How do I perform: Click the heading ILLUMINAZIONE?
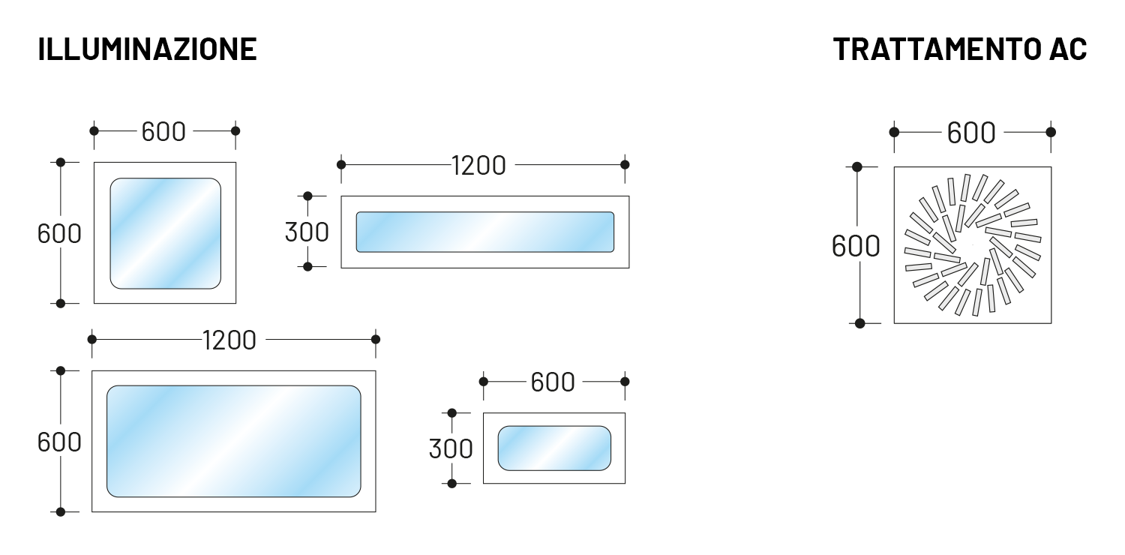point(147,49)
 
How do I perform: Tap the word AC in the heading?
point(1068,49)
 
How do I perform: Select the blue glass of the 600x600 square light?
point(165,233)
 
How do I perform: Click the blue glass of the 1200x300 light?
point(485,232)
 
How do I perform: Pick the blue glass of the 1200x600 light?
point(233,442)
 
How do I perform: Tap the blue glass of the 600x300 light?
point(554,448)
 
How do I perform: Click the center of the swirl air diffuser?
point(973,245)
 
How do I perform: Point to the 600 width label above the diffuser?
point(971,133)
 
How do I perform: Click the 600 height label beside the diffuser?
point(856,246)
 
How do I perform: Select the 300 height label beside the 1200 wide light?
point(307,232)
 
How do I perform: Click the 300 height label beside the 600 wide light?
point(451,448)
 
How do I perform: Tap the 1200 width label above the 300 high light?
point(478,165)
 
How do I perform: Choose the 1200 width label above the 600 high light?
point(229,340)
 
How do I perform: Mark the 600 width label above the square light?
point(163,131)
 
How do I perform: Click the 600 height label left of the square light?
point(59,233)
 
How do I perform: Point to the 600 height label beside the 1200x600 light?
point(59,442)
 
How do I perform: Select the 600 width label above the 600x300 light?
point(553,382)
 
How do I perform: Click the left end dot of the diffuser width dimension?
point(894,132)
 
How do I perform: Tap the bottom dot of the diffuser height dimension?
point(859,323)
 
